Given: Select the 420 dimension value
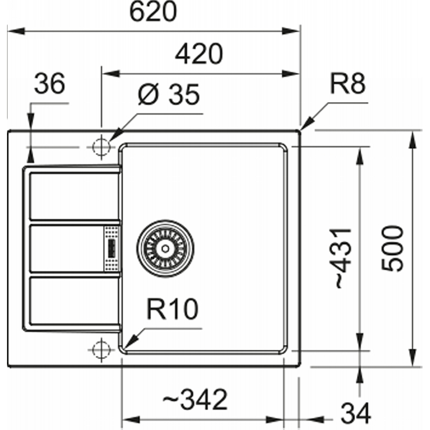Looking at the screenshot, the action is pos(199,54).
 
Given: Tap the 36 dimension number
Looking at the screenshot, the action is pos(49,83).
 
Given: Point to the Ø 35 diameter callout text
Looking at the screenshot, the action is pos(168,95).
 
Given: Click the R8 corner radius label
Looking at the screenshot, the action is pos(348,83).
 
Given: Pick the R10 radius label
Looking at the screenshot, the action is pos(172,309).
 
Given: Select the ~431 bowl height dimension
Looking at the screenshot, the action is pos(343,258).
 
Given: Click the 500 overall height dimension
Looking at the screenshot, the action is pos(392,248).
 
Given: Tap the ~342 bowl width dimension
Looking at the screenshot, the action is pos(195,399).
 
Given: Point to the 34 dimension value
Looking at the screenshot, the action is pos(356,413).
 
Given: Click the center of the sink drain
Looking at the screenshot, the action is pos(165,249).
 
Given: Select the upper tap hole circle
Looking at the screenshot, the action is pos(102,147).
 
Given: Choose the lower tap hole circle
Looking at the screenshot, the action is pos(102,350).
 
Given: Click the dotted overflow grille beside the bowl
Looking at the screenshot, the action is pos(112,248).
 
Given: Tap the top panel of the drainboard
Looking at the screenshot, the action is pos(74,196).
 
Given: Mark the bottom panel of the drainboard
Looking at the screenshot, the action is pos(74,301).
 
